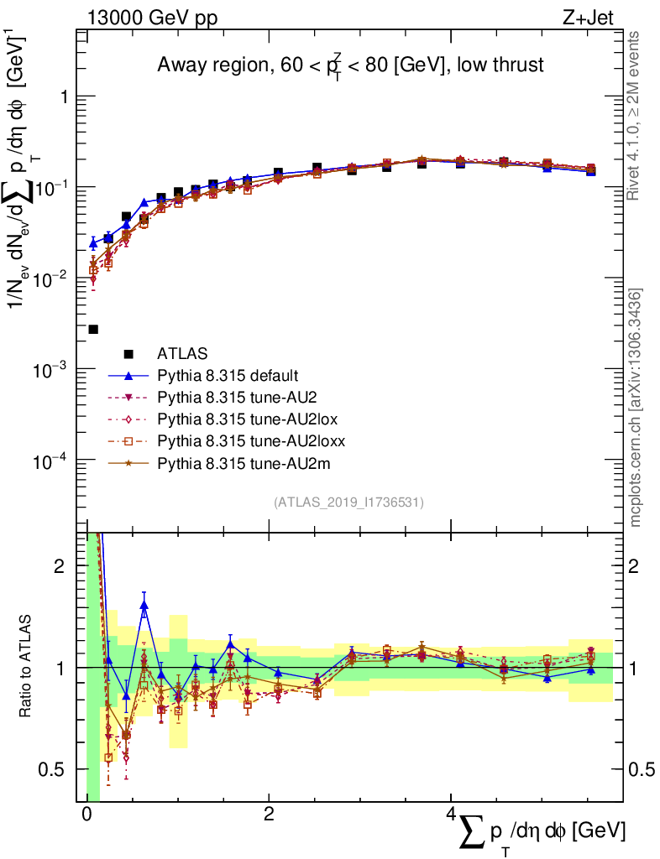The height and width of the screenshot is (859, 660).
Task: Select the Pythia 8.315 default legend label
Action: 228,375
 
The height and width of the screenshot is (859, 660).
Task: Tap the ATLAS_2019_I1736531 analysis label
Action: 348,502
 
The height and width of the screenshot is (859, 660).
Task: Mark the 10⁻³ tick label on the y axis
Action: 50,370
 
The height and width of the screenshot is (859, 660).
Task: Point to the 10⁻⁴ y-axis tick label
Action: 50,461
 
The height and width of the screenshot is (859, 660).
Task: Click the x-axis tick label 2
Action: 269,815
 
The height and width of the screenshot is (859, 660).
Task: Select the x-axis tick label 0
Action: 86,815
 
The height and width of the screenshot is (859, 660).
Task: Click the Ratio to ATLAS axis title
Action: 26,668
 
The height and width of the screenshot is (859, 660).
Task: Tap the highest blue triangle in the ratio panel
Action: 144,605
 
